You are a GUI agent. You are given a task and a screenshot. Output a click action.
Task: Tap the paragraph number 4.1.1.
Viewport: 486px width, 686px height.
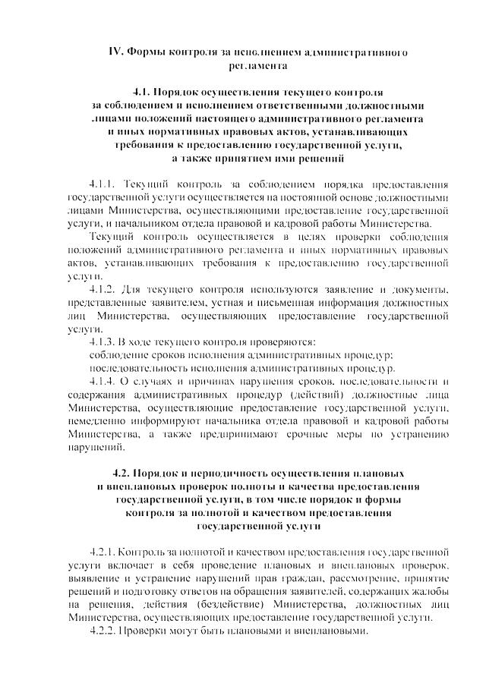(x=102, y=184)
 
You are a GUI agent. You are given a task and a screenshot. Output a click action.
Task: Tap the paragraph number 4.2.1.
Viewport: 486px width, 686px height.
(x=102, y=551)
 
